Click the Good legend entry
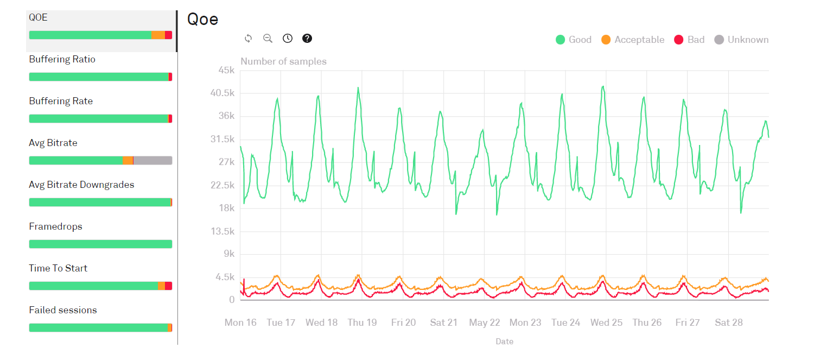(x=574, y=40)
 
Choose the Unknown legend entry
(x=741, y=40)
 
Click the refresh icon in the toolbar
(x=249, y=38)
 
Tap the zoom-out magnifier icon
(x=268, y=38)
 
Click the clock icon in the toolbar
(x=288, y=38)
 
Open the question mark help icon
(x=307, y=38)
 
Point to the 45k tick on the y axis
(x=225, y=70)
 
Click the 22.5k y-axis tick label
(x=222, y=185)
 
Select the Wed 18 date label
(x=321, y=323)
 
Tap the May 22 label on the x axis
(x=485, y=323)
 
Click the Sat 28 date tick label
(x=729, y=323)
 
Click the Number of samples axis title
(x=283, y=61)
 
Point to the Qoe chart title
(x=202, y=19)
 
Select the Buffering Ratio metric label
(x=62, y=59)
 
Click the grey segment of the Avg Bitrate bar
(x=152, y=161)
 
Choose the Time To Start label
(x=58, y=268)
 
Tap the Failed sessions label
(x=63, y=310)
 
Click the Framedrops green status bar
(x=100, y=244)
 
